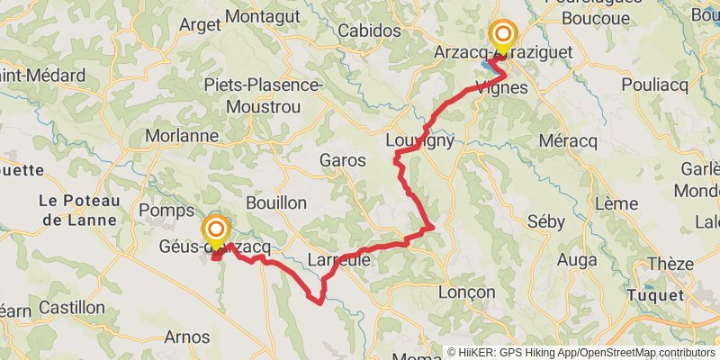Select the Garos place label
click(x=343, y=161)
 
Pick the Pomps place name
click(x=161, y=210)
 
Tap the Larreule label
click(x=339, y=260)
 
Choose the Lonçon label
click(x=466, y=292)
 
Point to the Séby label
click(x=545, y=221)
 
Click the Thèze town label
click(x=671, y=264)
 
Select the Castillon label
click(x=72, y=308)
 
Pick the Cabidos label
click(x=369, y=31)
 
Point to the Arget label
click(x=200, y=25)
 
